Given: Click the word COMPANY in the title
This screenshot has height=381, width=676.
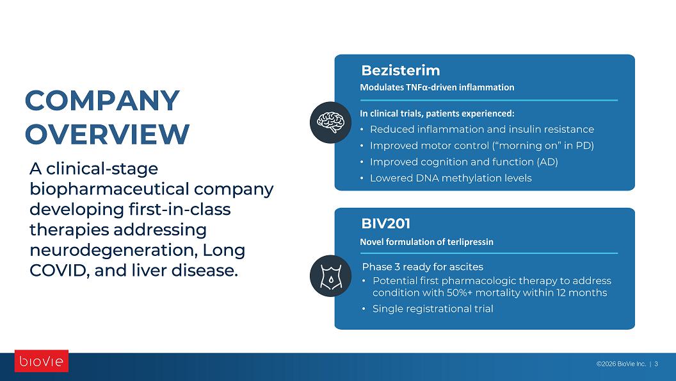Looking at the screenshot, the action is pyautogui.click(x=102, y=101).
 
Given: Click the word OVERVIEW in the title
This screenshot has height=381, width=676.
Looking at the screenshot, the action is pyautogui.click(x=108, y=134).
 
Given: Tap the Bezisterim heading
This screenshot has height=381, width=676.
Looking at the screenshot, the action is pyautogui.click(x=401, y=71).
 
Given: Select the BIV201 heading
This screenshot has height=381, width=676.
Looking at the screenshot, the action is pyautogui.click(x=386, y=224).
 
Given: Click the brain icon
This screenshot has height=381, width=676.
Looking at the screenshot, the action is pyautogui.click(x=331, y=123).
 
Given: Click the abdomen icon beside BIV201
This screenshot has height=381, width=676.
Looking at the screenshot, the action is pyautogui.click(x=331, y=276).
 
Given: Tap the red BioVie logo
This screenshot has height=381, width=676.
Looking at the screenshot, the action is pyautogui.click(x=42, y=361).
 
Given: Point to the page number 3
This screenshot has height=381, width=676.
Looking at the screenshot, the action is pyautogui.click(x=656, y=364).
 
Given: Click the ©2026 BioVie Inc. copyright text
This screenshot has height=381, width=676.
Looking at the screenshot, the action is pyautogui.click(x=621, y=364).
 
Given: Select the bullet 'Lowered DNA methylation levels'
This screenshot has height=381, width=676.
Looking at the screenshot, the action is pyautogui.click(x=451, y=178).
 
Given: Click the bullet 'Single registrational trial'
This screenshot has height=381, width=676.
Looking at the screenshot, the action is pyautogui.click(x=433, y=309).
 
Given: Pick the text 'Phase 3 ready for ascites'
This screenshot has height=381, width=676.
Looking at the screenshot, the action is pyautogui.click(x=422, y=267).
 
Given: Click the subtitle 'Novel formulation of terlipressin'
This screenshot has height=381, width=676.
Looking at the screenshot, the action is pyautogui.click(x=427, y=242).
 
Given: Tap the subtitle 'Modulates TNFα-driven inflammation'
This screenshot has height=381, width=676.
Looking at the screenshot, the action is pyautogui.click(x=437, y=87).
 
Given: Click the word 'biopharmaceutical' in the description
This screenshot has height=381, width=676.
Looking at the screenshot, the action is pyautogui.click(x=109, y=190).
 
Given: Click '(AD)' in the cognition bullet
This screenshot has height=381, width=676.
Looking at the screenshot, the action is pyautogui.click(x=547, y=162).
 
